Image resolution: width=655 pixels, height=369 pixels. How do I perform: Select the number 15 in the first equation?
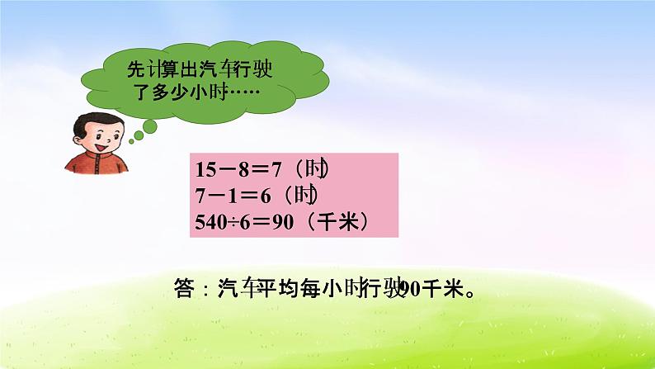pos(205,170)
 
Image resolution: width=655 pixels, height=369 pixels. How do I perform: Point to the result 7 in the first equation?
pos(276,170)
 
